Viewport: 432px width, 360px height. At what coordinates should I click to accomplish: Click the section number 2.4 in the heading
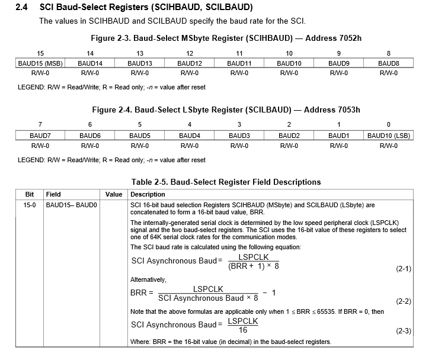tap(22, 8)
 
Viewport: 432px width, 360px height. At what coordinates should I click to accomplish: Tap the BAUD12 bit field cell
tap(188, 63)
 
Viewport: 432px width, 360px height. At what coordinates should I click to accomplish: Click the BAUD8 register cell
tap(388, 63)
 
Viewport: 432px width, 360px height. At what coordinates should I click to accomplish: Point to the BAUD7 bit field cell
tap(40, 136)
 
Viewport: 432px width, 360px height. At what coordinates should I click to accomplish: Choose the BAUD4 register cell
tap(189, 136)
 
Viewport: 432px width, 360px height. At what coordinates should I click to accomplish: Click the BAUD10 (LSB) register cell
tap(389, 136)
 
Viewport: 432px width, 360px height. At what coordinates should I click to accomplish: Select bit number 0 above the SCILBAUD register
tap(389, 124)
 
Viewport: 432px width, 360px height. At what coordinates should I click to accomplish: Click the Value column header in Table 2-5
tap(114, 194)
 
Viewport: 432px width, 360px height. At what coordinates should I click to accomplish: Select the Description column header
tap(148, 194)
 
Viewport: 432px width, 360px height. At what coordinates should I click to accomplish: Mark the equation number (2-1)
tap(404, 268)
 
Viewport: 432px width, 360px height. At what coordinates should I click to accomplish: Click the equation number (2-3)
tap(404, 332)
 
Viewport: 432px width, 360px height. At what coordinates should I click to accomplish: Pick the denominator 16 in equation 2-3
tap(243, 330)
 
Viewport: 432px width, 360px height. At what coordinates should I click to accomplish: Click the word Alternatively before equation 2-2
tap(148, 279)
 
